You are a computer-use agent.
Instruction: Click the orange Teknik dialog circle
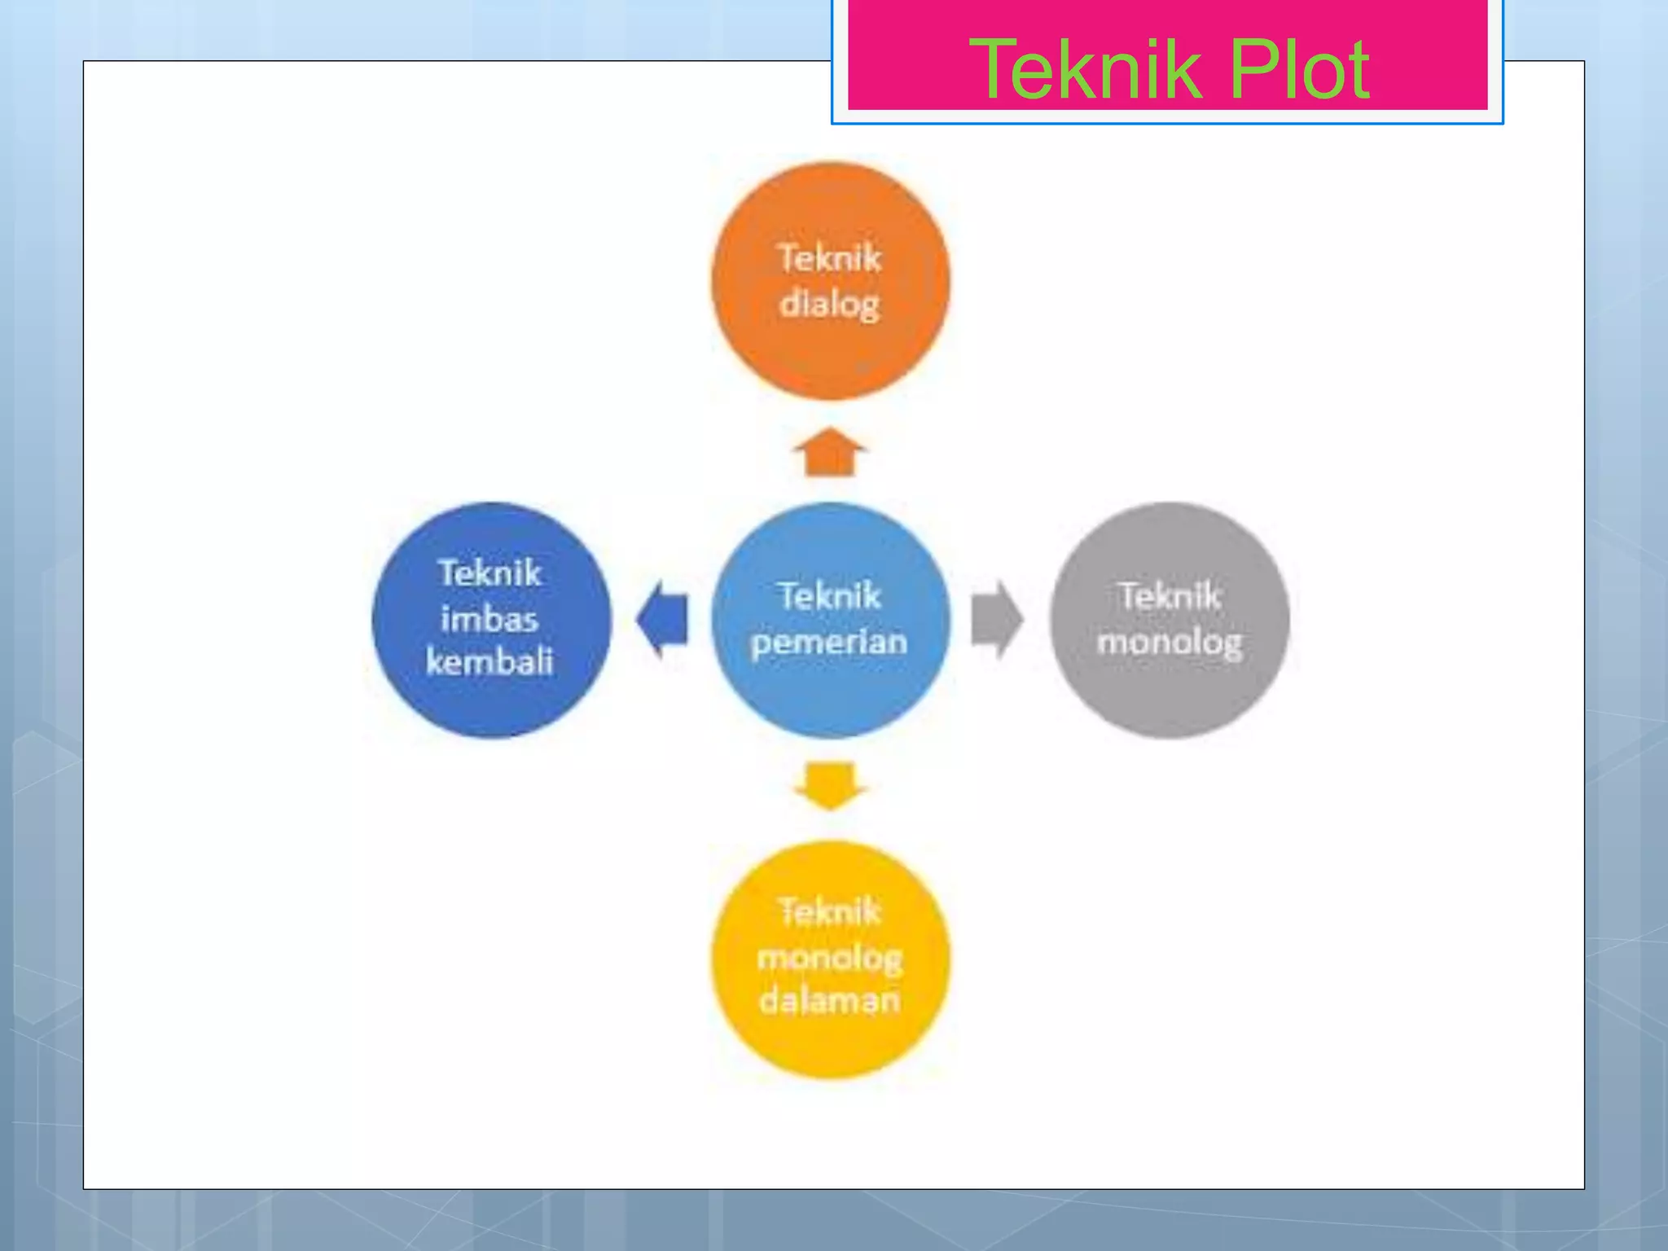830,281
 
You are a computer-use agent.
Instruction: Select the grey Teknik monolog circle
1170,620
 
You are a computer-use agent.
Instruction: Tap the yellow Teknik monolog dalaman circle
830,959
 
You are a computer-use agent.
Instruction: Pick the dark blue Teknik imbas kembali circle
491,620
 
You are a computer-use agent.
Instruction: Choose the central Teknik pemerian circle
830,620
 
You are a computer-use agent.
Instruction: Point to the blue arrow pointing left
662,620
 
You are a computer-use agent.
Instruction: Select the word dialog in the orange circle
830,305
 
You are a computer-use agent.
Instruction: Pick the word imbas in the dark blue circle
489,619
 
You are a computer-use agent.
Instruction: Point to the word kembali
489,661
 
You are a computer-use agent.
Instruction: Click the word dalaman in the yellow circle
829,1000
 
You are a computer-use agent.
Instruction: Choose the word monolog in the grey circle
1170,643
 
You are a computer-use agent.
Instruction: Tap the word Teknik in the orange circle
830,258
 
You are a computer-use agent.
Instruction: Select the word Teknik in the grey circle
1170,596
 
